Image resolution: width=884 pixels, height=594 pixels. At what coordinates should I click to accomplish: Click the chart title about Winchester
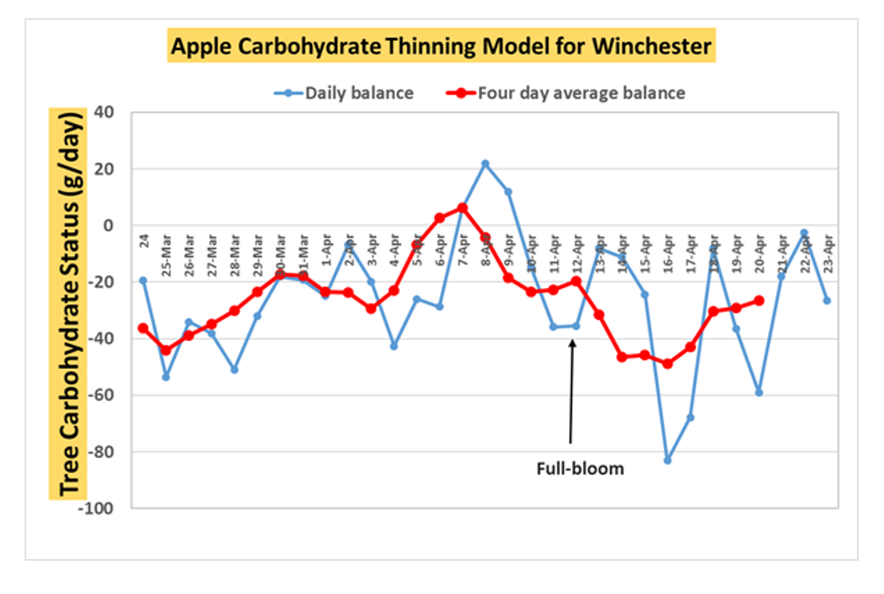(442, 47)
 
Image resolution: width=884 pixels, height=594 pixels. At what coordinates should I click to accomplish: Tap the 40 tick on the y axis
(104, 112)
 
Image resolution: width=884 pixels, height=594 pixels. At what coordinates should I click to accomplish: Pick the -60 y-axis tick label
(103, 394)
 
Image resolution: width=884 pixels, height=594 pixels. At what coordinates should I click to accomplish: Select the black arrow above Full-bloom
(571, 389)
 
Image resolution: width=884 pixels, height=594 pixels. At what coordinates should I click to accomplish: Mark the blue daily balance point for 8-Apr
(485, 164)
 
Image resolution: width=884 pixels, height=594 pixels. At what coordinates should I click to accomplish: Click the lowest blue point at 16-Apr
(667, 460)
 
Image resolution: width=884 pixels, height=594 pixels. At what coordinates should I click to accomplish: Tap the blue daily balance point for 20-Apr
(759, 393)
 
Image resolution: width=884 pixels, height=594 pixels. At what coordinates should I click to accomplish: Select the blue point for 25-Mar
(166, 377)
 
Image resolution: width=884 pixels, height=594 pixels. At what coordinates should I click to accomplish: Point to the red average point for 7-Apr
(462, 208)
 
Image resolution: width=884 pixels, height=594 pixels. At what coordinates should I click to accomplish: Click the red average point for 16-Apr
(667, 363)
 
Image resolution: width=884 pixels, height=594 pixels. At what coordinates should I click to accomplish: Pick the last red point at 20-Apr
(759, 301)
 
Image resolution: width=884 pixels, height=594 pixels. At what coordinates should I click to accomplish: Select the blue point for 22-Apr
(805, 233)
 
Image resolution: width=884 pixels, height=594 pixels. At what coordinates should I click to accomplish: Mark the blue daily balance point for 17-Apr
(690, 417)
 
